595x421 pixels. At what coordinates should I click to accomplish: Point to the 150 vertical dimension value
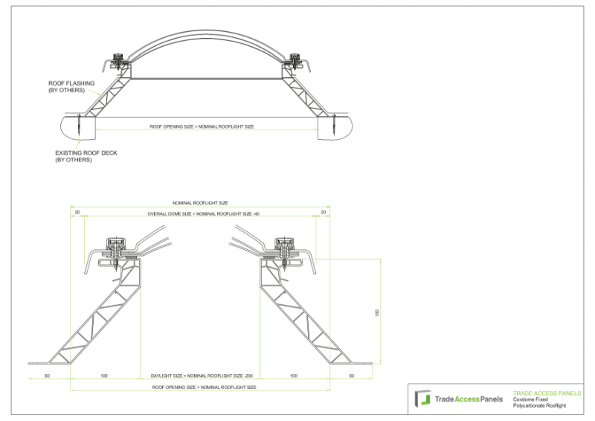[377, 312]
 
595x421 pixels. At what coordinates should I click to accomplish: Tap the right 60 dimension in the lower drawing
[352, 376]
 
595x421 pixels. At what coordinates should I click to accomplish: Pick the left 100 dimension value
[103, 376]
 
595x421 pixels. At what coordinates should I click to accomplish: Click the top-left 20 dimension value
[77, 213]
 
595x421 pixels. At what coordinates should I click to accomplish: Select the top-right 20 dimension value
[323, 213]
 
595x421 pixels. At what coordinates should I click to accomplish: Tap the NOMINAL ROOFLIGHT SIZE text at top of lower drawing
[200, 202]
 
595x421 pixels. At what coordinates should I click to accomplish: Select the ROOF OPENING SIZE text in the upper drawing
[202, 127]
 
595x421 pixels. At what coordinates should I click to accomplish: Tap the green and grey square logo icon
[422, 399]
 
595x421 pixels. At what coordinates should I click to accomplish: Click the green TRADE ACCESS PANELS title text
[547, 393]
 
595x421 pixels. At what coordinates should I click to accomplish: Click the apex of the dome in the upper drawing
[202, 33]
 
